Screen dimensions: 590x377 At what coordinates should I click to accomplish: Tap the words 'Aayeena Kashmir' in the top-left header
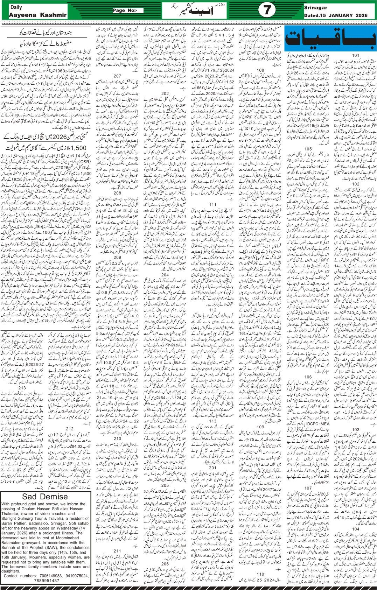tap(33, 15)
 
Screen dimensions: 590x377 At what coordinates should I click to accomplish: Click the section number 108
tap(260, 70)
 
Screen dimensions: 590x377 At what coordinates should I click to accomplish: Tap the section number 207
tap(117, 76)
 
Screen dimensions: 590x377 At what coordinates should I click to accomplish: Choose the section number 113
tap(212, 421)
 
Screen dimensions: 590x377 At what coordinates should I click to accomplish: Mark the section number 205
tap(165, 485)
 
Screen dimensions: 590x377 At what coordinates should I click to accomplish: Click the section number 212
tap(69, 429)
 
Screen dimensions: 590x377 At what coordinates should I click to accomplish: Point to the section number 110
tap(260, 574)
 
